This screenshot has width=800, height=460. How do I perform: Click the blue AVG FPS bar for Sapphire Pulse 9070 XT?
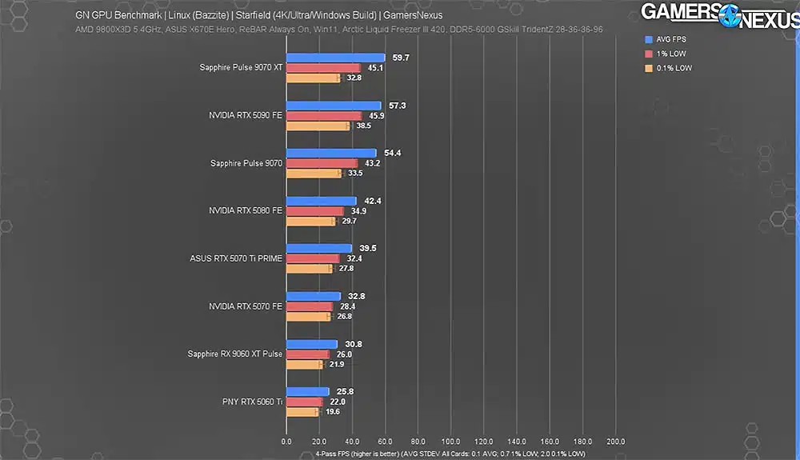coord(335,58)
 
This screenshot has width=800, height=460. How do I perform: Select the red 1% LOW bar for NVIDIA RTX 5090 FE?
coord(324,116)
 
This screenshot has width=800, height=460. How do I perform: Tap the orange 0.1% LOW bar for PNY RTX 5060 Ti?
coord(302,412)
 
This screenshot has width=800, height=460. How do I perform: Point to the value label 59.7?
coord(400,58)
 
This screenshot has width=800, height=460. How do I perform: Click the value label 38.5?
coord(363,126)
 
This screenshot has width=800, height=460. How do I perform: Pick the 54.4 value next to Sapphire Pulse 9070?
coord(392,153)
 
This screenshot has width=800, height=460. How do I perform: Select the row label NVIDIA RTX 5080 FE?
coord(246,210)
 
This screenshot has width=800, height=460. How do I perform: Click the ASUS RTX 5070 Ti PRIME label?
coord(236,258)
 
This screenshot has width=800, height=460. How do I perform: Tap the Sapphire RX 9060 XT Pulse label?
coord(235,354)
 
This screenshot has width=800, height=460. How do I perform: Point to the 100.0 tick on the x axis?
coord(450,442)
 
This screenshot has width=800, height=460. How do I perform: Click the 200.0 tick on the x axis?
coord(614,442)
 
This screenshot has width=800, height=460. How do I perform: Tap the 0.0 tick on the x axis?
coord(286,442)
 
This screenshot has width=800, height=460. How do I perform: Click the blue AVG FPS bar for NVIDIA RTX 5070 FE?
coord(313,296)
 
